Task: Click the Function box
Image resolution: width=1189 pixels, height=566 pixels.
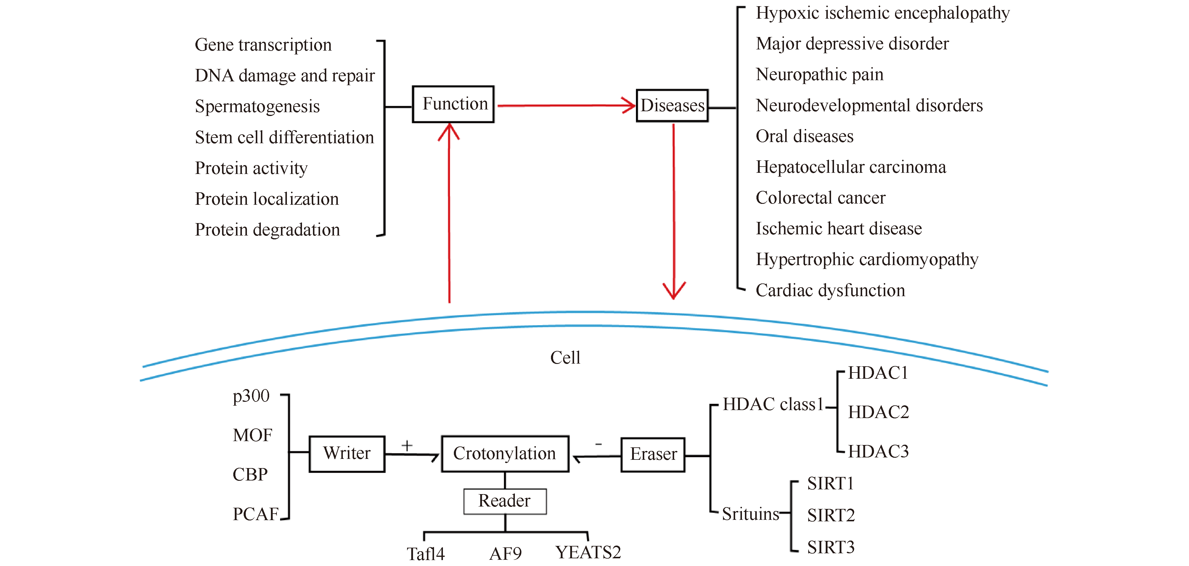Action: pos(453,104)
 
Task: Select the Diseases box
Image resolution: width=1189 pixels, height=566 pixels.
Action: pos(672,106)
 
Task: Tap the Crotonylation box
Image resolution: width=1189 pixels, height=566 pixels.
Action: pos(505,454)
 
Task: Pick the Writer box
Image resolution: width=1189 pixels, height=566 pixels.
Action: pos(347,454)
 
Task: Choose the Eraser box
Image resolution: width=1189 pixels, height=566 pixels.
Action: pos(653,454)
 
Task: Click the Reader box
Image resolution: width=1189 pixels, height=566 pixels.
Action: pos(505,501)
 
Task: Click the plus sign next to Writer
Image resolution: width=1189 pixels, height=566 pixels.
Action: pos(406,445)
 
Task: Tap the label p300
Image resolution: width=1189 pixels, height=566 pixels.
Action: pos(251,396)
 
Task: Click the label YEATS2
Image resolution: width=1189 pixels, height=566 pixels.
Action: pos(588,552)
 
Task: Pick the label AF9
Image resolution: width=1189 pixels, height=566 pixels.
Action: pos(505,553)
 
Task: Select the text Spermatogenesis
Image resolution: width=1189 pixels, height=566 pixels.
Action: pos(257,107)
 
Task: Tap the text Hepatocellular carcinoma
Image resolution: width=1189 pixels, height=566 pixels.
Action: pos(851,167)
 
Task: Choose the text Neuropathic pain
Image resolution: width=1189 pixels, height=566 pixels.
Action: pos(819,74)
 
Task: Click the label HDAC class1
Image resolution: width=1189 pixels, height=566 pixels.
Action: pos(773,404)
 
